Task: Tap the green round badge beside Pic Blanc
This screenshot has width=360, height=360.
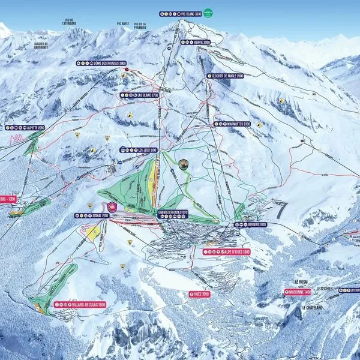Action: click(x=208, y=11)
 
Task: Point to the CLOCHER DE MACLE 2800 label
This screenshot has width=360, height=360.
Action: click(x=228, y=76)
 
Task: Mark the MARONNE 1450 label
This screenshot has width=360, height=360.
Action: click(x=299, y=292)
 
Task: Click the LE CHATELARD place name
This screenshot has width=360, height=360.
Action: click(x=312, y=308)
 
